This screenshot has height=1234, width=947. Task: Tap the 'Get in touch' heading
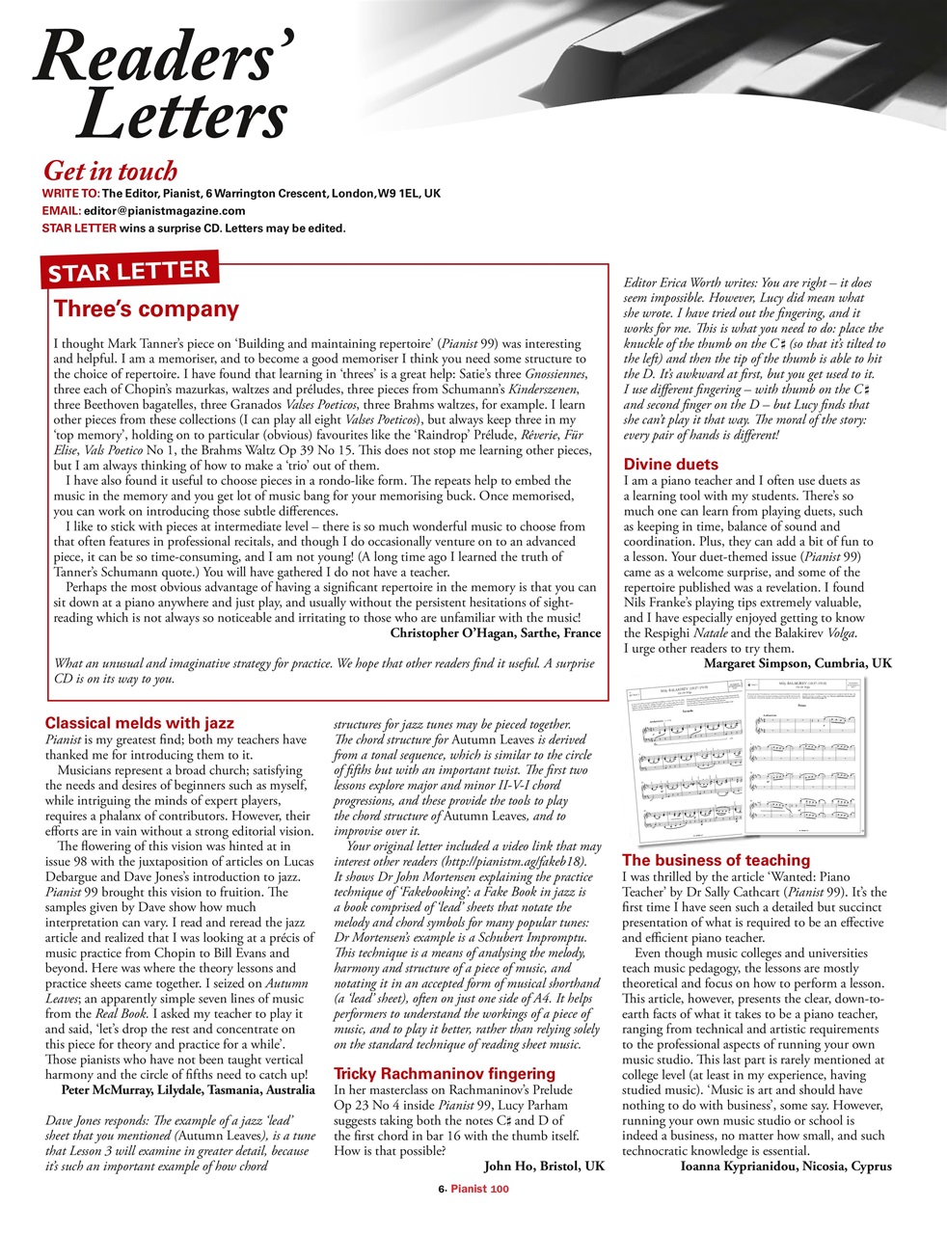111,172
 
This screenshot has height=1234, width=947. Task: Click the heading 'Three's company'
147,309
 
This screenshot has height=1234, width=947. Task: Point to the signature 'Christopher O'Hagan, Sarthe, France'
495,633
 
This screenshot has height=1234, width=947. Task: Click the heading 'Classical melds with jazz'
139,723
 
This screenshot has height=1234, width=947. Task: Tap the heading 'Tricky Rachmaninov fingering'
444,1074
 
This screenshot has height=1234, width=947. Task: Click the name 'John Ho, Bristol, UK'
544,1167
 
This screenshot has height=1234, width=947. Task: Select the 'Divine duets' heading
670,465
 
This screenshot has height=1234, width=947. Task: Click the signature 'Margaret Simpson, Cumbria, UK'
798,664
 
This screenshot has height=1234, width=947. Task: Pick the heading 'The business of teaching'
716,860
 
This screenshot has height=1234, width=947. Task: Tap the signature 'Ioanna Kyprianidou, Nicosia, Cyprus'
786,1167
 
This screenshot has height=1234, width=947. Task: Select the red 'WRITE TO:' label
71,194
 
